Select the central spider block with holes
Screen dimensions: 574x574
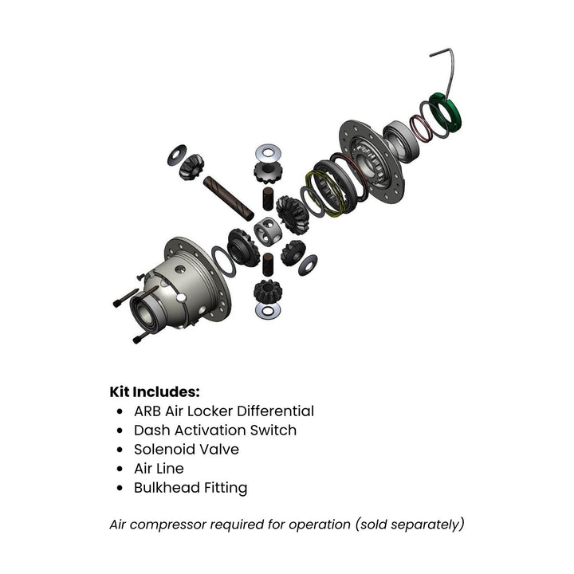(268, 233)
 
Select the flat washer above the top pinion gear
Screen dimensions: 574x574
(266, 152)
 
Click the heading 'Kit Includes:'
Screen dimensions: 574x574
(155, 391)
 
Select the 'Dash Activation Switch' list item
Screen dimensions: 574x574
(214, 431)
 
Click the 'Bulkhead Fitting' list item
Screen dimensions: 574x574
(190, 488)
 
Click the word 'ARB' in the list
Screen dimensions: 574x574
(148, 411)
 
